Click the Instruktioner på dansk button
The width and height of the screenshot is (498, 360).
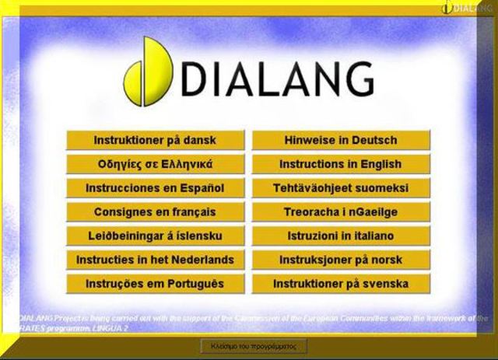tap(155, 141)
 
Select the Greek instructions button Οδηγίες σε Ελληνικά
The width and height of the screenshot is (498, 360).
tap(155, 165)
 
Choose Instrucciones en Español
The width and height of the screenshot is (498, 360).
tap(155, 188)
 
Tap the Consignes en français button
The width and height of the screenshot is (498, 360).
tap(155, 212)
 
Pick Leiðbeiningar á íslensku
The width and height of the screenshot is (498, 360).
tap(155, 236)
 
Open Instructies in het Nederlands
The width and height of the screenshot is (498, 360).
tap(155, 260)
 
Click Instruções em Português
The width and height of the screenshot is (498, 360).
tap(155, 284)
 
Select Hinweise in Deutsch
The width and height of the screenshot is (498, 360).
tap(341, 141)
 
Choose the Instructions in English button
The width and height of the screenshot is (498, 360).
tap(341, 165)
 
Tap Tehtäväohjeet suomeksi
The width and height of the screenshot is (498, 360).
tap(341, 188)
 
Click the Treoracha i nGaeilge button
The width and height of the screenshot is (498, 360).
tap(341, 212)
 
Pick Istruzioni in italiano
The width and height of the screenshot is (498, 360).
tap(341, 236)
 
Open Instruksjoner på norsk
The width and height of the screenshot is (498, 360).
tap(341, 260)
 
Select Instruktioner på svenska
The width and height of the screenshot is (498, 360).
tap(341, 284)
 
